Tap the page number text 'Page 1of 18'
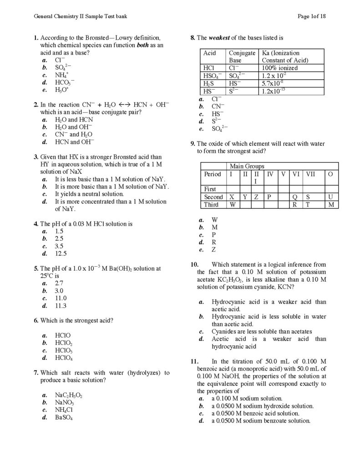tap(311, 16)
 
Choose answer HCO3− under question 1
tap(65, 83)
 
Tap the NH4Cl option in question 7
tap(64, 410)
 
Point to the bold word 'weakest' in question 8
tap(221, 37)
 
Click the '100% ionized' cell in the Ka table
tap(279, 68)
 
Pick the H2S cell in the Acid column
tap(209, 83)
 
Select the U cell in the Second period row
tap(330, 197)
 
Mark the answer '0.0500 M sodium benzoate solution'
tap(260, 421)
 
